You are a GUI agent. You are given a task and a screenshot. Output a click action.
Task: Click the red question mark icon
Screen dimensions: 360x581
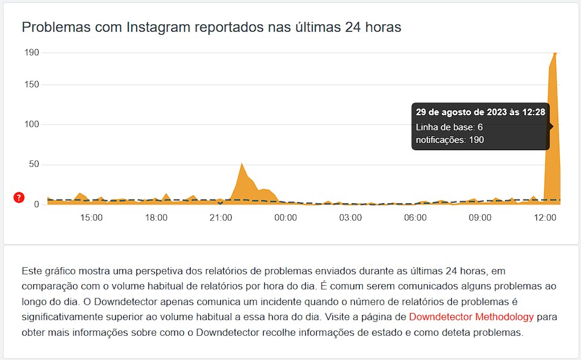tap(19, 198)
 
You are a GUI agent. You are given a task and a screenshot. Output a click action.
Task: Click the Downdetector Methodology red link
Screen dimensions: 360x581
tap(471, 317)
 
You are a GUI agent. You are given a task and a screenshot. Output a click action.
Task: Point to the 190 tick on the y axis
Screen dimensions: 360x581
tap(31, 52)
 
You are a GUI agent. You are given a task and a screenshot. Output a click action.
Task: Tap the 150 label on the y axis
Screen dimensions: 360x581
tap(31, 85)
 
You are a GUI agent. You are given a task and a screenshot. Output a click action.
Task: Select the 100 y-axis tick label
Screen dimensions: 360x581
tap(31, 125)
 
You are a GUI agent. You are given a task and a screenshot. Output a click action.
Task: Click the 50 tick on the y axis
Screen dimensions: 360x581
tap(34, 165)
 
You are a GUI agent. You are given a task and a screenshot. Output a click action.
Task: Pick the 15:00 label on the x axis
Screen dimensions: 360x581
tap(91, 218)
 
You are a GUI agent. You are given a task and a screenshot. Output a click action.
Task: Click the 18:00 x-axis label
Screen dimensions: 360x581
tap(156, 218)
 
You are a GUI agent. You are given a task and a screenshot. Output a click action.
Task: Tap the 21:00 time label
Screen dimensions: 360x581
tap(221, 218)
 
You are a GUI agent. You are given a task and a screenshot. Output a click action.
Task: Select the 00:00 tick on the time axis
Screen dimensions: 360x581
tap(285, 218)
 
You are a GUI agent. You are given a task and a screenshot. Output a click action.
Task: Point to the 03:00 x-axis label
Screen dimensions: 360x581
tap(351, 218)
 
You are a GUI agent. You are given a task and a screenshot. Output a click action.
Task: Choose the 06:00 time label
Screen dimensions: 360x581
tap(415, 218)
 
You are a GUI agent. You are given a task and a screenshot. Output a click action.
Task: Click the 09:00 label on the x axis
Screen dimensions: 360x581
tap(480, 218)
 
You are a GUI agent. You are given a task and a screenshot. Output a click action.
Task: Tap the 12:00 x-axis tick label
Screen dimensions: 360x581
tap(545, 218)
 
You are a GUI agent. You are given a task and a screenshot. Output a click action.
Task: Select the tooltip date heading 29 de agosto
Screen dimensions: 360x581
tap(480, 112)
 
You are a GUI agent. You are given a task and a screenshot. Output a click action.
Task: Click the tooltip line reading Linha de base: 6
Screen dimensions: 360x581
tap(449, 127)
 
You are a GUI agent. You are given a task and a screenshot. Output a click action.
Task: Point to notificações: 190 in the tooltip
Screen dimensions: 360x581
tap(450, 140)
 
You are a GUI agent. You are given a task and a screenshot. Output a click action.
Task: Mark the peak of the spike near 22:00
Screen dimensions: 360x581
tap(241, 163)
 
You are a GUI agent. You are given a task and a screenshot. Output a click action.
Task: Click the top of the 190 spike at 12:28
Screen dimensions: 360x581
tap(554, 54)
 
